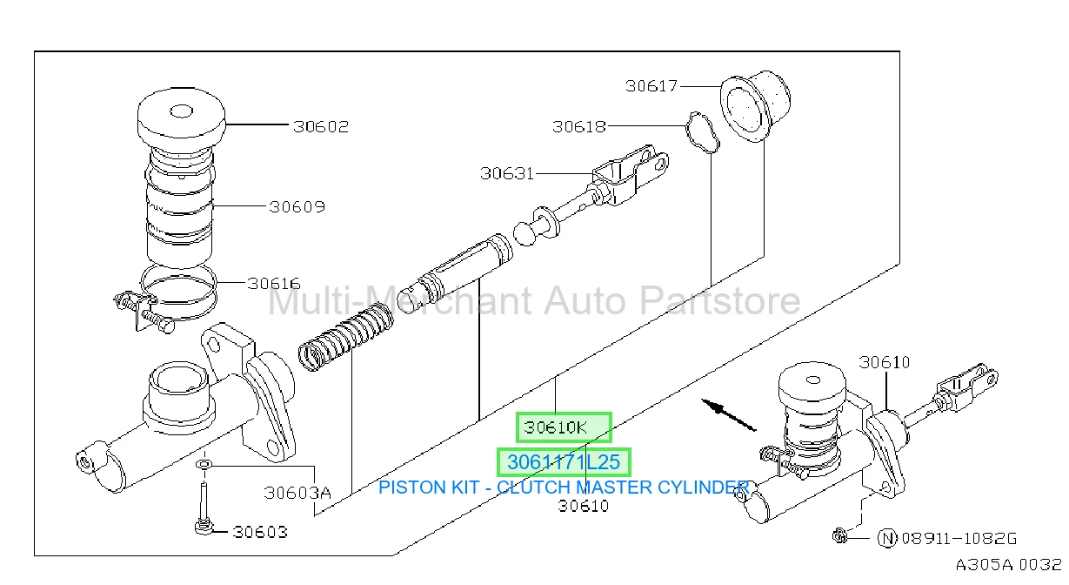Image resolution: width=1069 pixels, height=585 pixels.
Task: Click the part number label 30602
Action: (x=321, y=126)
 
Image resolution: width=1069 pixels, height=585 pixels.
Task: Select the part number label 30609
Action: (x=297, y=207)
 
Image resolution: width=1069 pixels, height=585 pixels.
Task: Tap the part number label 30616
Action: (x=274, y=284)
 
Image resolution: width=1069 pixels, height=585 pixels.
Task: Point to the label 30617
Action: (x=651, y=86)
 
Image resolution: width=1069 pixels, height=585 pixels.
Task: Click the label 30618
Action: (x=579, y=126)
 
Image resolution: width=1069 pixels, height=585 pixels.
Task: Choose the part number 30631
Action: (x=507, y=173)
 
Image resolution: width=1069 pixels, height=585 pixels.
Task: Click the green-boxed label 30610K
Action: (x=555, y=427)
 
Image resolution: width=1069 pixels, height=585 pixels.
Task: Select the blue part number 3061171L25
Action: (x=564, y=462)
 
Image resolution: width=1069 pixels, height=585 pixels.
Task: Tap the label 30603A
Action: (x=297, y=493)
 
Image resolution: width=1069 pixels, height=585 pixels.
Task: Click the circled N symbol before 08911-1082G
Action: (x=887, y=539)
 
